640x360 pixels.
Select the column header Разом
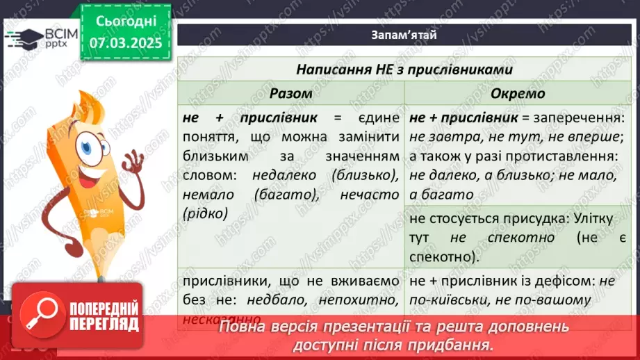[290, 93]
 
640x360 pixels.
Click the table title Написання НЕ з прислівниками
[404, 69]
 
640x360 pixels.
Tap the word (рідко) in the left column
[206, 214]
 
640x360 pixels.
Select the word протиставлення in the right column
[564, 157]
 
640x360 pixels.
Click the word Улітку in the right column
[591, 219]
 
